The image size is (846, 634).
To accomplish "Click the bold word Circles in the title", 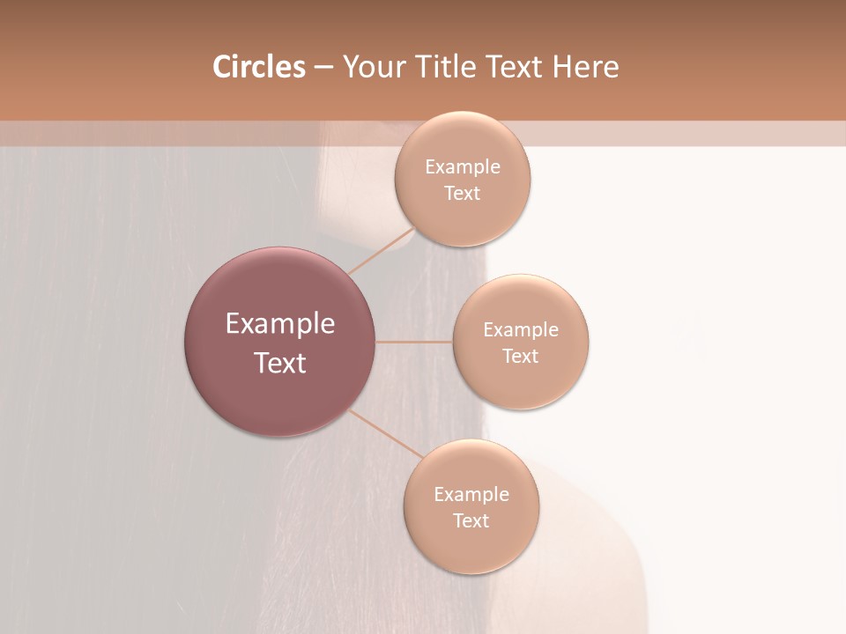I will click(x=259, y=67).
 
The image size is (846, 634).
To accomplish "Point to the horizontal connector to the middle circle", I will click(x=414, y=342).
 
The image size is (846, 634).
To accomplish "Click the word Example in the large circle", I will click(x=280, y=324).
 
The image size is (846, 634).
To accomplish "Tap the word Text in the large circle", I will click(x=280, y=363).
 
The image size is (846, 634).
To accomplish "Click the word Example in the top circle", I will click(x=463, y=167).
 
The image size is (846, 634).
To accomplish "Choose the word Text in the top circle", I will click(x=463, y=194).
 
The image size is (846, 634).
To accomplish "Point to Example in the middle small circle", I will click(x=521, y=330).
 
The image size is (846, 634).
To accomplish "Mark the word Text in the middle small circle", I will click(x=521, y=357).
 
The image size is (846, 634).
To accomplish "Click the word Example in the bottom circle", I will click(x=471, y=495).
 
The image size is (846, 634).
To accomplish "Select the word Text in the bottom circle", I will click(x=471, y=521).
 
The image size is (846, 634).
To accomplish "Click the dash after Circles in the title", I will click(x=323, y=68).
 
